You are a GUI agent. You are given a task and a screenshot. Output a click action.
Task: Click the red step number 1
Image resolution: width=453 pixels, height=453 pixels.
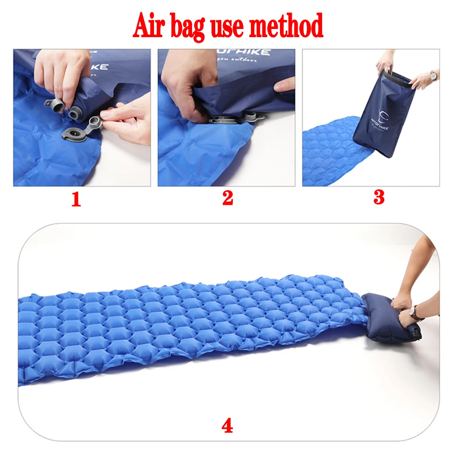(76, 199)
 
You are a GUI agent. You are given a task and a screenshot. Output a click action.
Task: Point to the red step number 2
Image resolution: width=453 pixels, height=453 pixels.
(227, 198)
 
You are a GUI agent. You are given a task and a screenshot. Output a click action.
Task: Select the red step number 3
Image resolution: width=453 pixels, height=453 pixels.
(379, 197)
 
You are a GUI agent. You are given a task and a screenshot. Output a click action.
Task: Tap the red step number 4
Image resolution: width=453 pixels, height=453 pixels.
(227, 426)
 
